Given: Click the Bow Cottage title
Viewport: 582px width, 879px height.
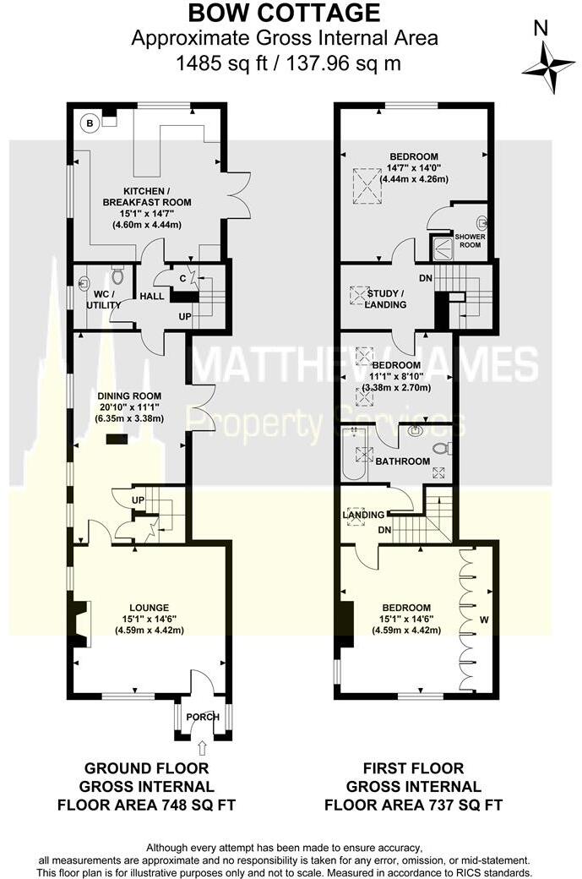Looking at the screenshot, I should pos(284,14).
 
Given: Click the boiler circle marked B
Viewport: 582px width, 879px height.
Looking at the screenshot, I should pos(89,123).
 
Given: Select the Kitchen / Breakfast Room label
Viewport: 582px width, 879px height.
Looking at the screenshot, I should pos(146,196).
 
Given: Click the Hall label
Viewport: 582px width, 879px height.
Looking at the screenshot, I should pos(152,296).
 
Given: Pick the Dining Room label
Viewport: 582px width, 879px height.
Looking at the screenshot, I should pos(129,396).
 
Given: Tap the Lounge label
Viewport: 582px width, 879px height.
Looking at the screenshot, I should pos(150,607).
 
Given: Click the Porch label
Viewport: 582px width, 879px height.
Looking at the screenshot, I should pos(202,717).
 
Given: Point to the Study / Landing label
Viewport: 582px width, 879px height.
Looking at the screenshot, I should pos(381,299).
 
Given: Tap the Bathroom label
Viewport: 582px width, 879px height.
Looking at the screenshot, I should pos(402,461).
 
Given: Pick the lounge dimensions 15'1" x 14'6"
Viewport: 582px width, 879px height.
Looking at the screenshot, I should pos(149,619).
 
